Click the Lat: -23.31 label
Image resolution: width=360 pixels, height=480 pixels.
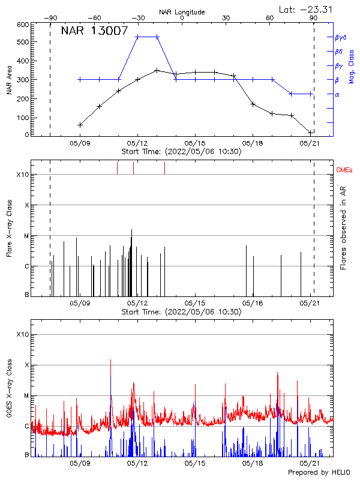[305, 9]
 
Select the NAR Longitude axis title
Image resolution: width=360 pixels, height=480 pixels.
[182, 12]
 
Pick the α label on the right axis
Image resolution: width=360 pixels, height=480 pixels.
[337, 94]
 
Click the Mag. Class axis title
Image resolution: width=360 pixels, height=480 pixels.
[351, 66]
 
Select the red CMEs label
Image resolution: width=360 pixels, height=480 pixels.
[345, 170]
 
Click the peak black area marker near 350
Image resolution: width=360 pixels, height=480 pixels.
[157, 70]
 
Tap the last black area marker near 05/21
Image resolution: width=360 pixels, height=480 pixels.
[310, 132]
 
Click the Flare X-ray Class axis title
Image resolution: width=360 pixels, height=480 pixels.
[9, 228]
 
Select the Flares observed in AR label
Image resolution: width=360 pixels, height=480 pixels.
[343, 228]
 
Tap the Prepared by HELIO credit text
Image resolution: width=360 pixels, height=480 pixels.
[319, 473]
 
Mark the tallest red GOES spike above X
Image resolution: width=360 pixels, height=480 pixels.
[110, 361]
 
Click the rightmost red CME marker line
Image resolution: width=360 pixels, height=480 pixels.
[164, 168]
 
